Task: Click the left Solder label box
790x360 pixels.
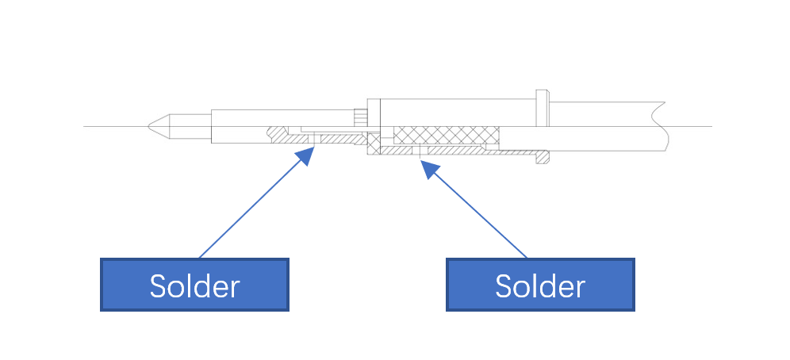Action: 194,284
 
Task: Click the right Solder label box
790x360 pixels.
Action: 540,284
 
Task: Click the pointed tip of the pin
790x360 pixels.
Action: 150,126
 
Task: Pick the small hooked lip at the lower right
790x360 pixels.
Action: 543,157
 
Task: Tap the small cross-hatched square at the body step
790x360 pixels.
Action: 373,143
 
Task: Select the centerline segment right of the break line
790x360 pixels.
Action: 690,126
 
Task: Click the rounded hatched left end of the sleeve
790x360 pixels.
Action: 277,135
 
